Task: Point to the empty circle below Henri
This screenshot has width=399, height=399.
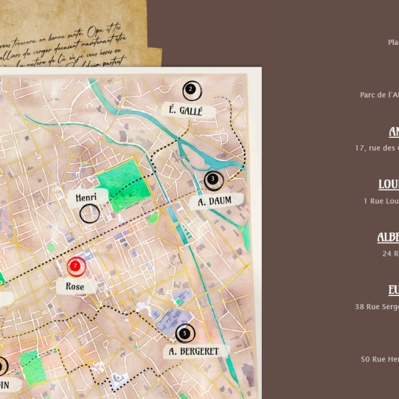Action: click(x=90, y=214)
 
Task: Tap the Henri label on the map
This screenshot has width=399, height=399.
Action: click(x=86, y=198)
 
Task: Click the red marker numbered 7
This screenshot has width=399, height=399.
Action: click(x=75, y=266)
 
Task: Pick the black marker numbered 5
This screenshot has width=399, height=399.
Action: click(x=185, y=334)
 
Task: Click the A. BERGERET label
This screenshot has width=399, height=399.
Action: click(x=195, y=351)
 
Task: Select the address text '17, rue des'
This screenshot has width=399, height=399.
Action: click(x=376, y=148)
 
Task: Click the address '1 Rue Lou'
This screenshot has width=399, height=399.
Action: click(x=381, y=201)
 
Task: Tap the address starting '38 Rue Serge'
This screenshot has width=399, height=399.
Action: click(x=377, y=306)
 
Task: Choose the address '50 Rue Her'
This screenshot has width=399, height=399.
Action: click(x=379, y=359)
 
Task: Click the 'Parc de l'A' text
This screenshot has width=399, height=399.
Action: click(x=379, y=95)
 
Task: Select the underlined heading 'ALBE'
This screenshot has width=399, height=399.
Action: click(x=388, y=238)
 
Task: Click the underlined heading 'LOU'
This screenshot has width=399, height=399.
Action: click(x=388, y=185)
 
